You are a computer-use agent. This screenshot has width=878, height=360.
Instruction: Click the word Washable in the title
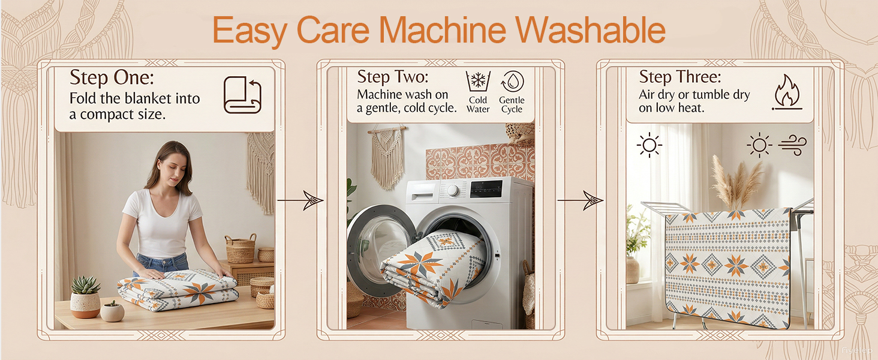(x=590, y=30)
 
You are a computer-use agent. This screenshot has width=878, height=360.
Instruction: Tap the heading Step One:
(x=112, y=77)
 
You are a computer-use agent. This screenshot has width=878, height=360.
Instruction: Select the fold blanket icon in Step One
(x=242, y=95)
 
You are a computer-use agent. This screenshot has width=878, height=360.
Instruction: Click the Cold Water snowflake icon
(x=478, y=82)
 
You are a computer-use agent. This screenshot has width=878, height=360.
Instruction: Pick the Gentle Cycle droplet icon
(x=512, y=82)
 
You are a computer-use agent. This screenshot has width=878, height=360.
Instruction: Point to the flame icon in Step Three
(x=787, y=92)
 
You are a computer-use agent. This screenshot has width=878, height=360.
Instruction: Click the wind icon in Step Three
(x=792, y=145)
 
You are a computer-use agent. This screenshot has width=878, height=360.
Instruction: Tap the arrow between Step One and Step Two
(x=300, y=200)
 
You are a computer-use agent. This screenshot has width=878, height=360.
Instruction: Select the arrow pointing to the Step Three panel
(x=581, y=200)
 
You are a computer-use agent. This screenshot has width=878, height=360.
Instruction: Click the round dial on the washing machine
(x=453, y=191)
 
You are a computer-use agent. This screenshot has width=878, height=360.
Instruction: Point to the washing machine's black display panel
(x=486, y=189)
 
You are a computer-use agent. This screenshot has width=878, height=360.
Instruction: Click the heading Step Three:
(x=680, y=77)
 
